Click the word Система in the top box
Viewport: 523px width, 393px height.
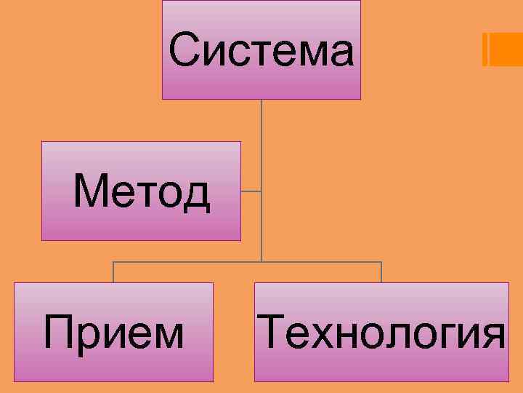(261, 51)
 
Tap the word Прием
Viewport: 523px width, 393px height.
(114, 333)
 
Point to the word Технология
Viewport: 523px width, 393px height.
(381, 333)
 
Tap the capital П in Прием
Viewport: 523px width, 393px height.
(59, 333)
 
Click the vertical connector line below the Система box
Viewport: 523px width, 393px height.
(261, 146)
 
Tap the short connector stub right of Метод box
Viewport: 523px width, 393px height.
(251, 191)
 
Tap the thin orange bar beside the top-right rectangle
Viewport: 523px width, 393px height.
(485, 49)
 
